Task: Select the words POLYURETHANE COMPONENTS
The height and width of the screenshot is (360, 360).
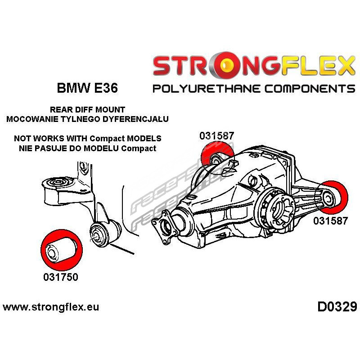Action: (254, 88)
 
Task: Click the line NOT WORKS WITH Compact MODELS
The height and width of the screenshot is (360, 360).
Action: (87, 139)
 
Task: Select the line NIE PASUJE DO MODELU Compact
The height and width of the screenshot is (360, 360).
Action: (87, 148)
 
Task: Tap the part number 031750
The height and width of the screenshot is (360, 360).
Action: (61, 277)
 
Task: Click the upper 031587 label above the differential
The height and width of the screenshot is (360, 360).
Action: (218, 135)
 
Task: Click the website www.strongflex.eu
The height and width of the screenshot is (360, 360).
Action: (51, 308)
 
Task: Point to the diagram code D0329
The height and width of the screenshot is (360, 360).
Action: (337, 307)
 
